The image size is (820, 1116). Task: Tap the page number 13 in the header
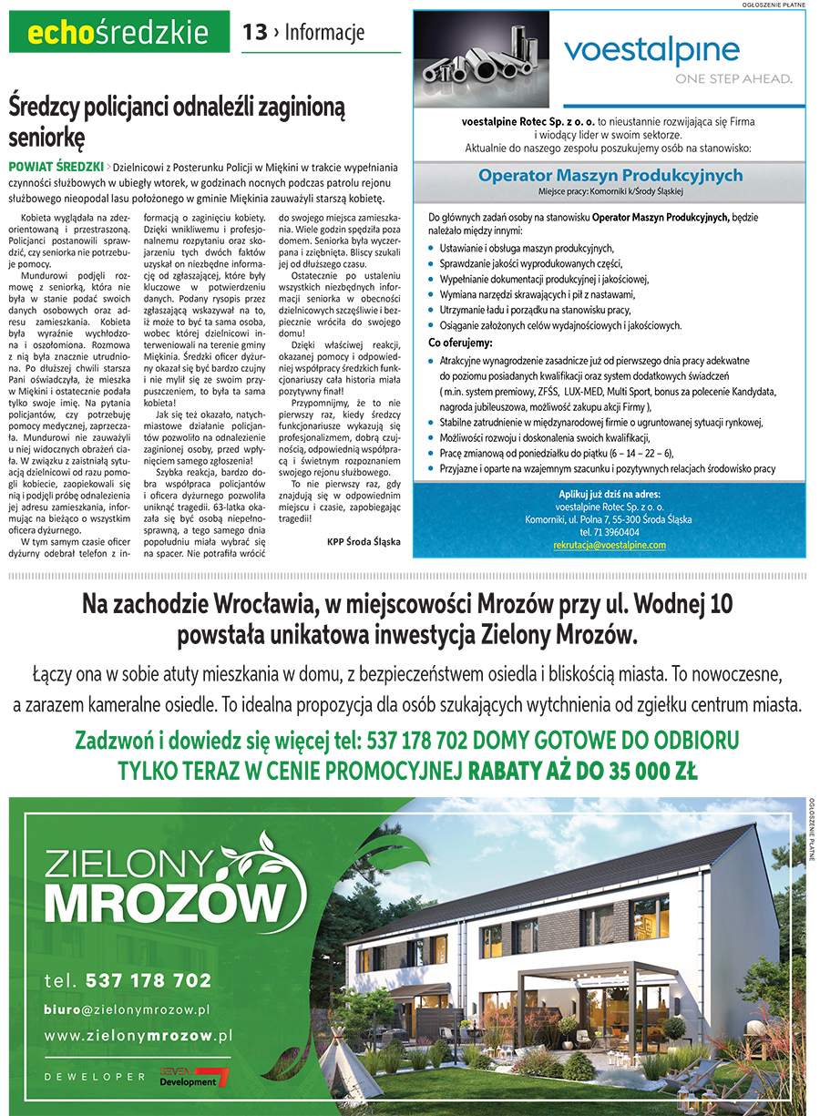click(255, 33)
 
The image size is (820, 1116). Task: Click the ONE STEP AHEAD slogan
click(733, 79)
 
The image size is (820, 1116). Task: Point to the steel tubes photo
click(482, 49)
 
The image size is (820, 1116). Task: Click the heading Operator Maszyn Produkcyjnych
click(610, 176)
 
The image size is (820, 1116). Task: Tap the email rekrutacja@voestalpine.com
click(610, 545)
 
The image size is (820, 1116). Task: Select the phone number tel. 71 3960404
click(610, 532)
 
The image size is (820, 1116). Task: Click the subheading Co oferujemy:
click(460, 343)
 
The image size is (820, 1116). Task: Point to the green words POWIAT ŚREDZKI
click(55, 168)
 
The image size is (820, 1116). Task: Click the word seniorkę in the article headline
click(47, 138)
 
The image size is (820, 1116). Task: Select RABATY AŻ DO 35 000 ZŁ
click(583, 772)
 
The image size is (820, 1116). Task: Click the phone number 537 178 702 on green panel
click(149, 980)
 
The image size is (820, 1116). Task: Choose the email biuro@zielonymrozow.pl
click(128, 1009)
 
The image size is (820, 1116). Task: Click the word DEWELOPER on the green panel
click(95, 1077)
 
